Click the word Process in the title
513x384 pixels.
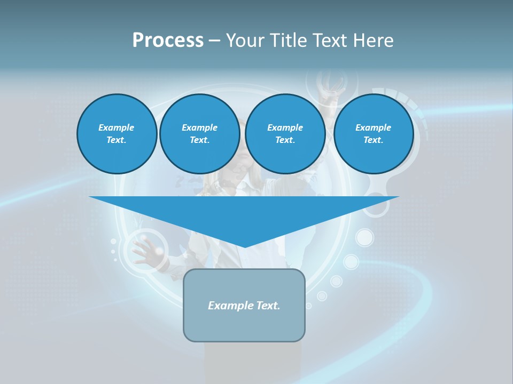[x=168, y=41]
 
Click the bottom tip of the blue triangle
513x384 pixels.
[x=244, y=246]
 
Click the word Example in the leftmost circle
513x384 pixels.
[x=116, y=127]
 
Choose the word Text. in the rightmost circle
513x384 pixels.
[x=373, y=140]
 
